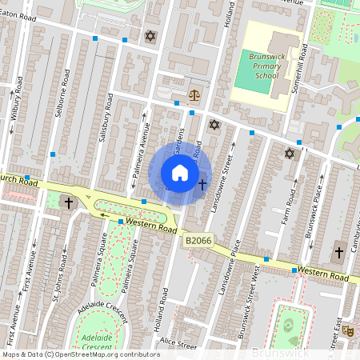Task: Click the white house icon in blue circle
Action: tap(180, 173)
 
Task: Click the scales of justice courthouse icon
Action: tap(194, 94)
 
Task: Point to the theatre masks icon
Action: tap(347, 329)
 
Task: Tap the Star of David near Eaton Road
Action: tap(150, 37)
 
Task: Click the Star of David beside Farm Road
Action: tap(290, 153)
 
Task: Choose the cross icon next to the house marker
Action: tap(202, 185)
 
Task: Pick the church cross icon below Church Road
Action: tap(69, 202)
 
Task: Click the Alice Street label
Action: tap(178, 346)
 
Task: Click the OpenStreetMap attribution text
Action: tap(81, 354)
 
